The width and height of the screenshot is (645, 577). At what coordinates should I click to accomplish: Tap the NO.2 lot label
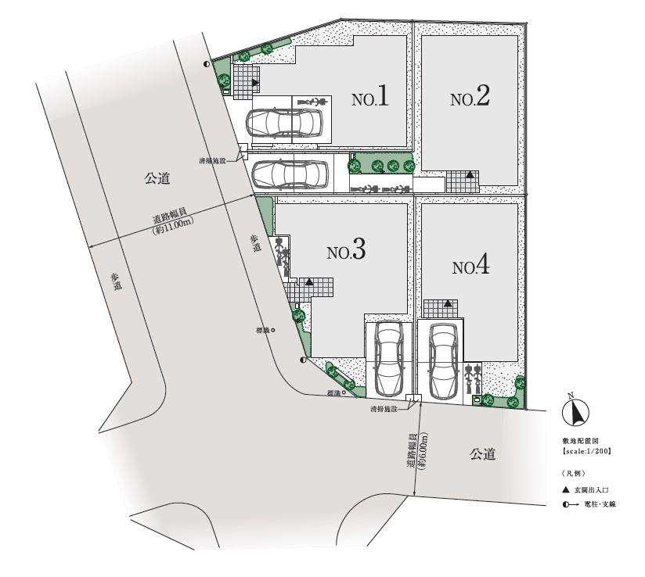tap(470, 98)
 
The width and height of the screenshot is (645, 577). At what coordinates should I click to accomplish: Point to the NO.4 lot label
tap(470, 267)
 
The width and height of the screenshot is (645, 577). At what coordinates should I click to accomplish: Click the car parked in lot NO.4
tap(441, 360)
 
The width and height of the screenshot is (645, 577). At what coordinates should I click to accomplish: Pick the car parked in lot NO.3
tap(389, 359)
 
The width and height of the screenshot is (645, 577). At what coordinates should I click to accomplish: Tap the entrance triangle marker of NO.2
tap(470, 175)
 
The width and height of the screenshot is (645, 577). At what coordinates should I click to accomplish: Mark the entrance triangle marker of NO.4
tap(447, 303)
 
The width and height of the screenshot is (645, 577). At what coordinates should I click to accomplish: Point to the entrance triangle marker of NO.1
tap(254, 81)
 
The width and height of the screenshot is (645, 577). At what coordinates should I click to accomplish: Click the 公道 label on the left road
tap(157, 179)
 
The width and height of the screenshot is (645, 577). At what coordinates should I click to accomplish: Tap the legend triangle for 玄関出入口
tap(564, 489)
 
